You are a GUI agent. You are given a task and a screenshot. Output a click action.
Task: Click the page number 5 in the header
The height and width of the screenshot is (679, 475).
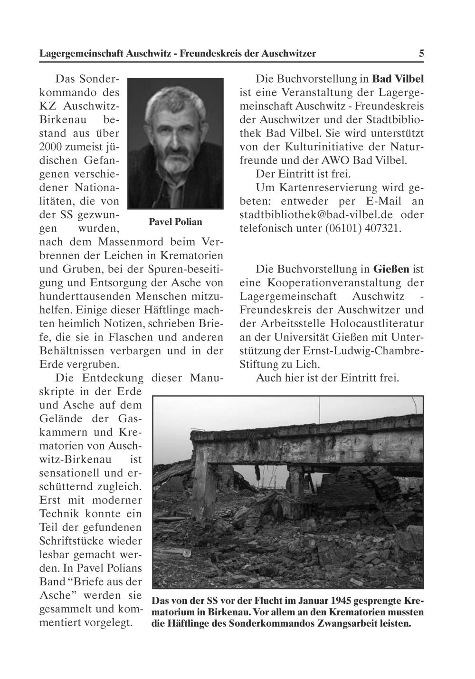click(421, 54)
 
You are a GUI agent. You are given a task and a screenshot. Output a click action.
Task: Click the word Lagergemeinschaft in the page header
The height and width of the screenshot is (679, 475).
click(82, 54)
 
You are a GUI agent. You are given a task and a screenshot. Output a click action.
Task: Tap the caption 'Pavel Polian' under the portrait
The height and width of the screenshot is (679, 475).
click(175, 222)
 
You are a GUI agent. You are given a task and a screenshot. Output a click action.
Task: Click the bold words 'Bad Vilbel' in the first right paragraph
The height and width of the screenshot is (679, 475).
click(398, 78)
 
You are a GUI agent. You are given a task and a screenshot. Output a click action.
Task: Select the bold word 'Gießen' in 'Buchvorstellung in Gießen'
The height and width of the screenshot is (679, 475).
click(391, 269)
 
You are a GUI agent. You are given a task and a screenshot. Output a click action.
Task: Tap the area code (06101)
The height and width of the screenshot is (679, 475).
click(343, 228)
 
